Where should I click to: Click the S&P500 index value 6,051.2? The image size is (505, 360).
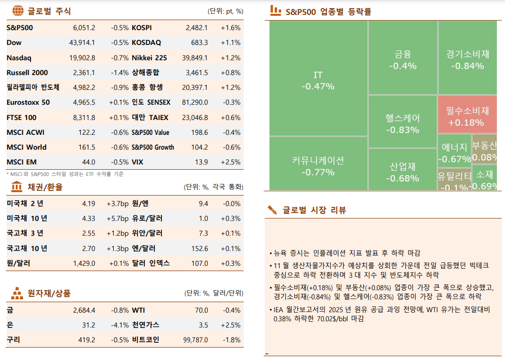84,28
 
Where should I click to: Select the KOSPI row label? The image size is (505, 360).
141,28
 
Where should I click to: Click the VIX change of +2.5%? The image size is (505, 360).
230,162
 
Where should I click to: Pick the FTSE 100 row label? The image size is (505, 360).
21,118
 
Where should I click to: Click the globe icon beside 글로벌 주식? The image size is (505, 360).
17,11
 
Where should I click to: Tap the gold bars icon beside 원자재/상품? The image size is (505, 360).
17,293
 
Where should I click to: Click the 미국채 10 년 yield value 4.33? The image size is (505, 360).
88,218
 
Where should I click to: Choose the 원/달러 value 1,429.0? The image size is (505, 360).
84,263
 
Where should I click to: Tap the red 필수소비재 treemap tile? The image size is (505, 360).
467,116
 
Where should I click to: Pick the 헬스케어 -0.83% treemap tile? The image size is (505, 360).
402,123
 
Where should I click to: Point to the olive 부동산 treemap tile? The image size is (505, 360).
484,151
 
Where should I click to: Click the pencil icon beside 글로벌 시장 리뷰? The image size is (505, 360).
273,209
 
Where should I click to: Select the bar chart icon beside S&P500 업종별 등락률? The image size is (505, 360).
275,10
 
